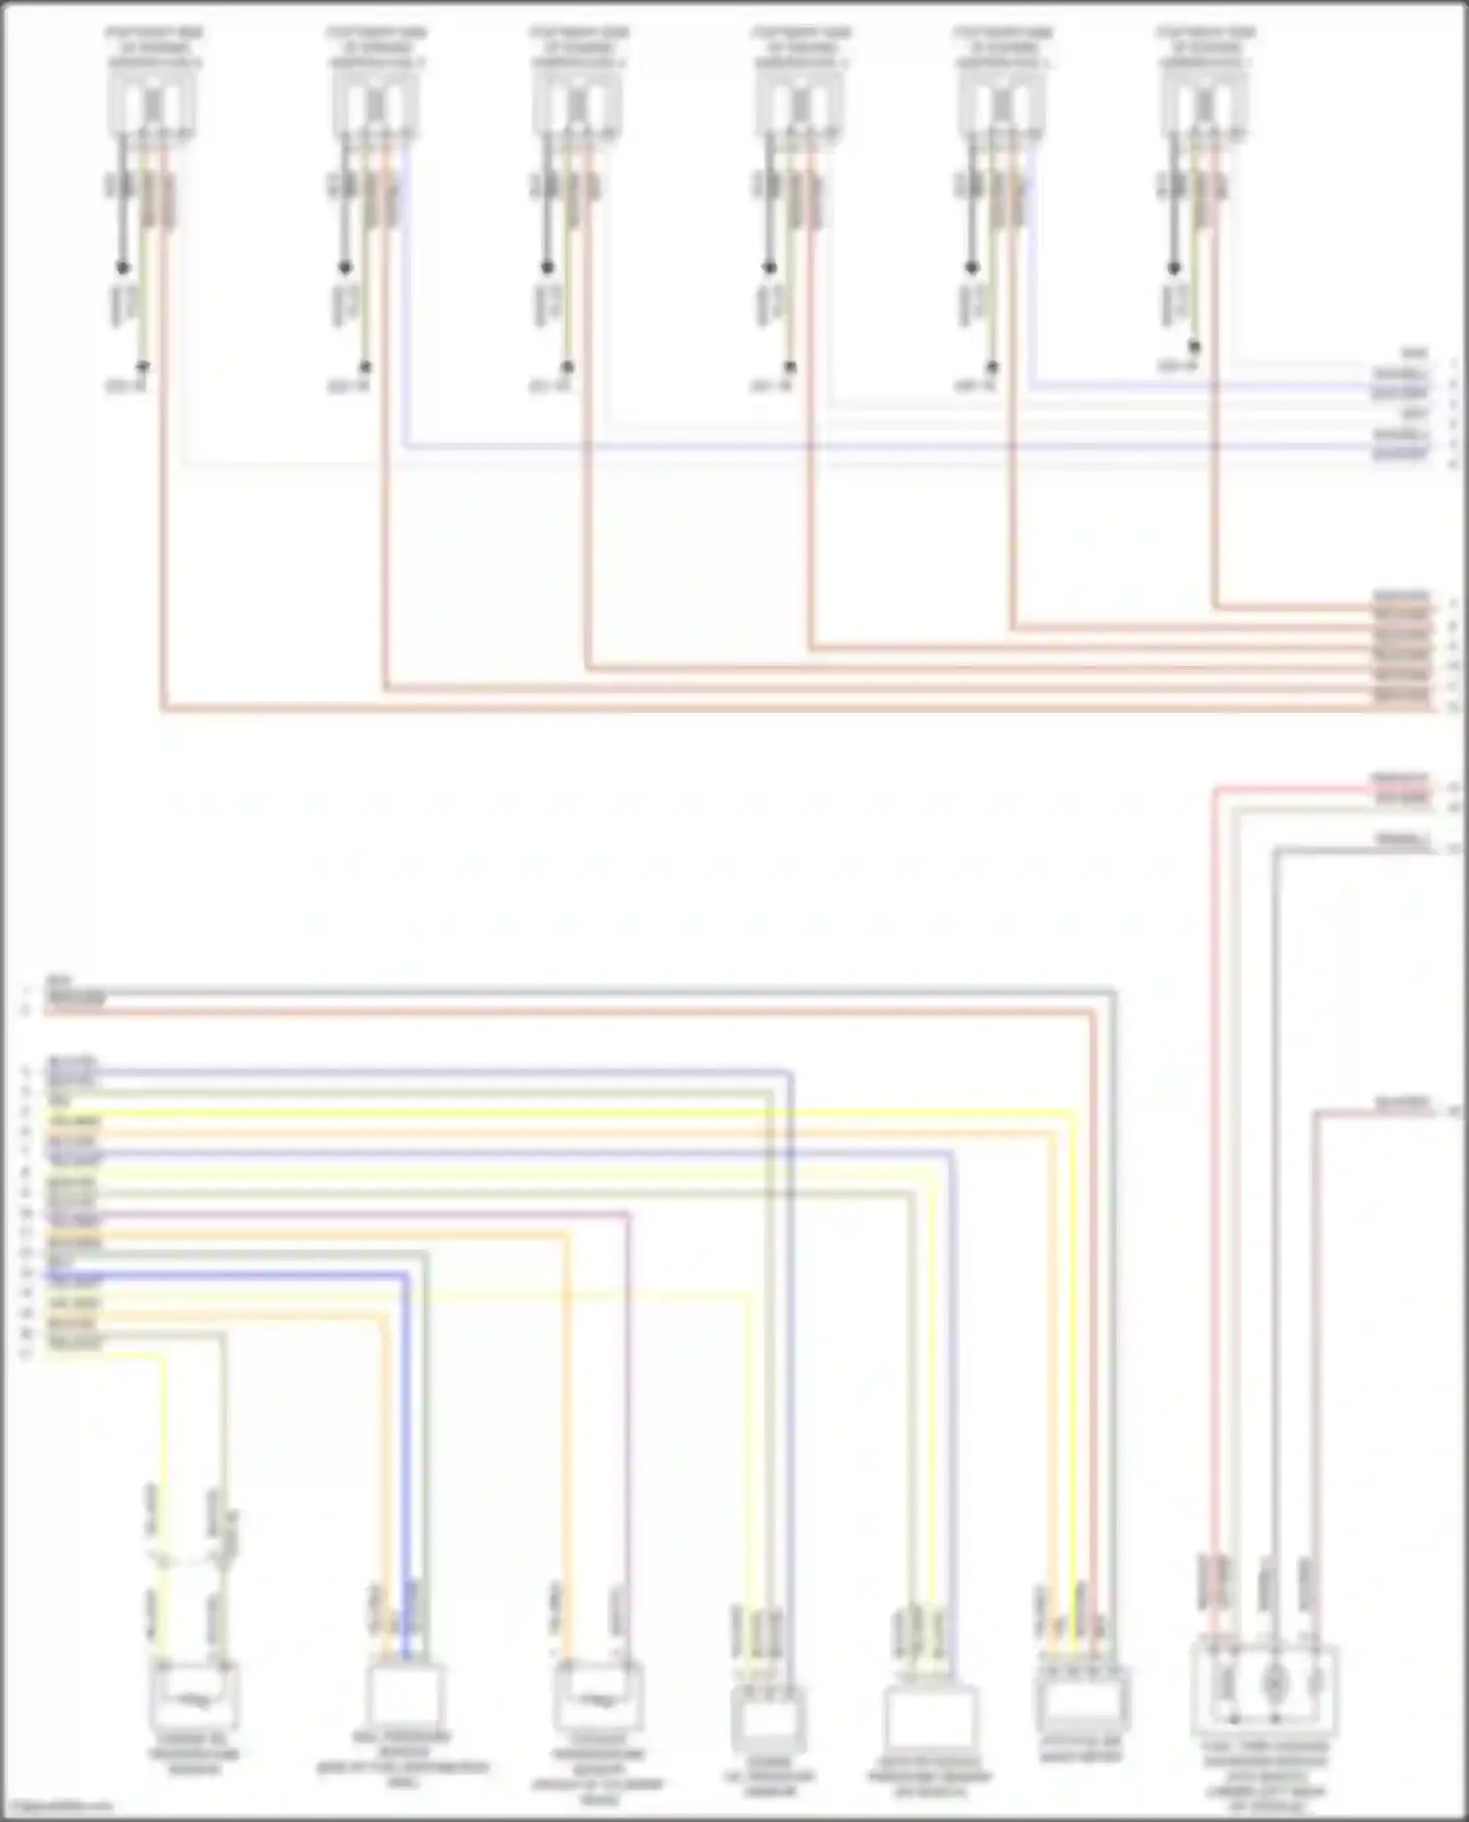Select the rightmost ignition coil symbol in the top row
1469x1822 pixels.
(1206, 103)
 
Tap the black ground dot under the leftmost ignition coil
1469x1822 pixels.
(122, 266)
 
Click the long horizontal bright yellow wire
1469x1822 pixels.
(588, 1113)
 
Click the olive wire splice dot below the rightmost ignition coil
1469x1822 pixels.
(1195, 347)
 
